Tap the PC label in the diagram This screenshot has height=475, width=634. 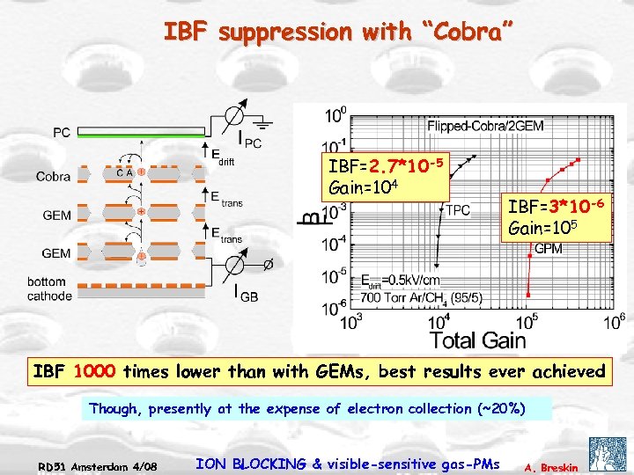coord(62,133)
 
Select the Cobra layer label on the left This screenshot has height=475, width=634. coord(53,176)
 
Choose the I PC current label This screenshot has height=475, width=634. coord(249,139)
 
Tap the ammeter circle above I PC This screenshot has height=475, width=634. coord(235,117)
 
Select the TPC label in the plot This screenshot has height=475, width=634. coord(458,210)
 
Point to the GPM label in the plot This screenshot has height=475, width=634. coord(549,249)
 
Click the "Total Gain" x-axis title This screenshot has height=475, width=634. coord(477,340)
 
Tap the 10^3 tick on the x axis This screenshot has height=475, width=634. coord(350,322)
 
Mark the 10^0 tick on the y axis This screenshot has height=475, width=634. coord(335,115)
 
